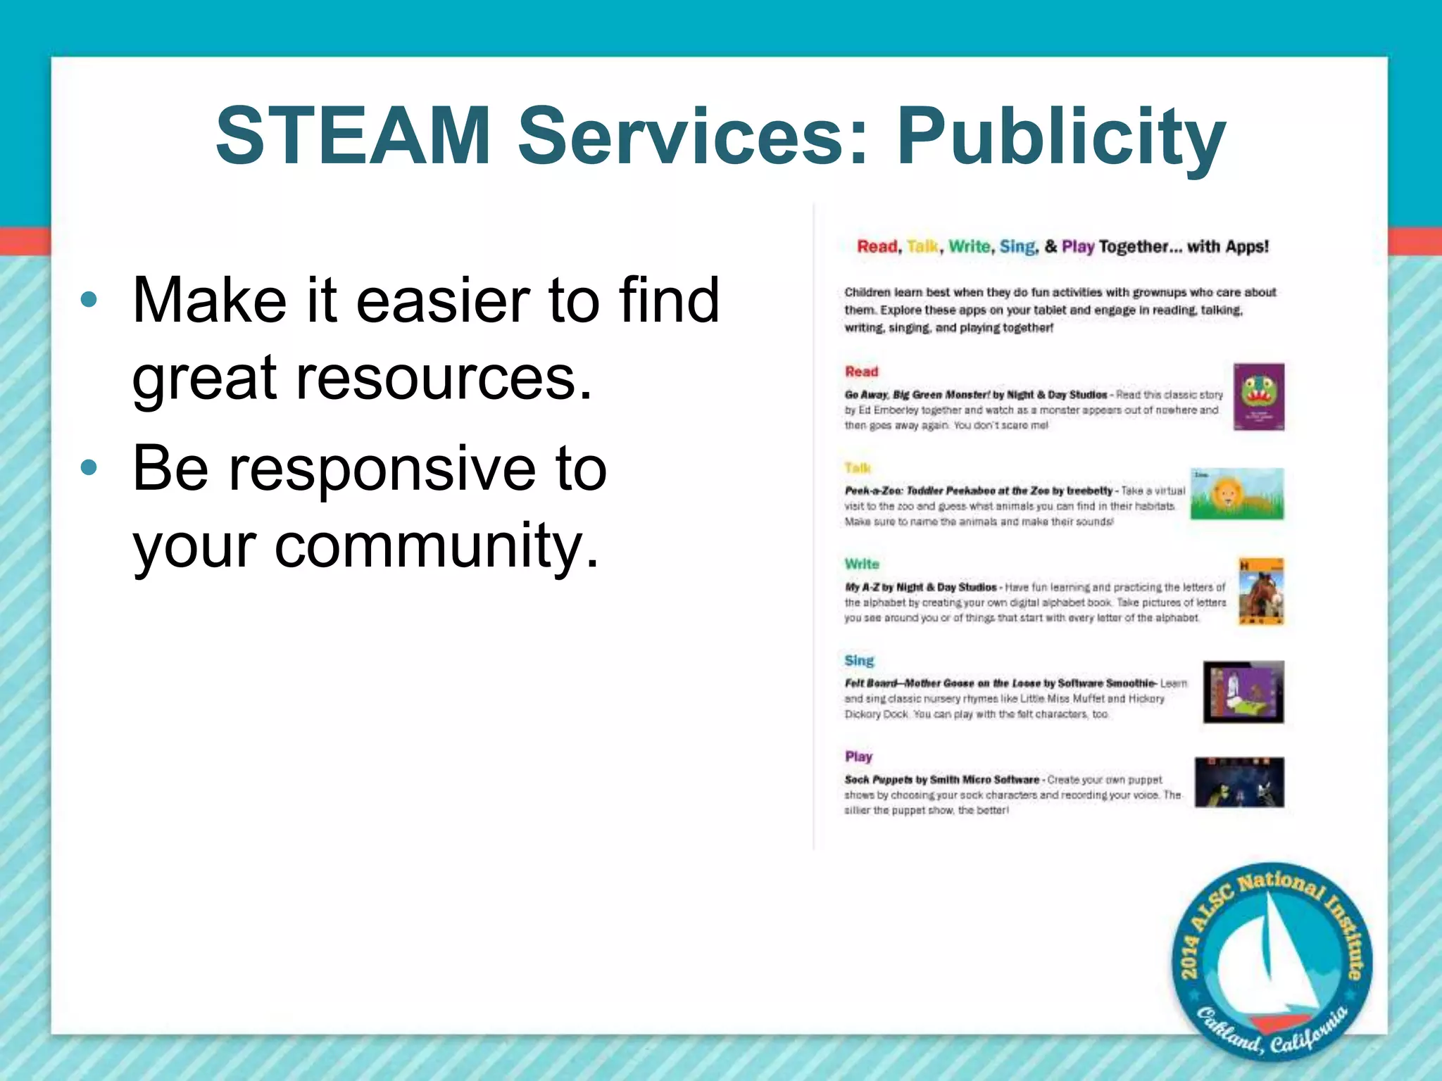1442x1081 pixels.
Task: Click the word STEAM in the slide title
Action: pos(352,135)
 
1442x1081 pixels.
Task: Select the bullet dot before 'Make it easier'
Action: pos(89,301)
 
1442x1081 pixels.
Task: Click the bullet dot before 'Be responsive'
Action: pos(89,468)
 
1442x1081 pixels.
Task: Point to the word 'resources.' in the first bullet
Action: pos(443,377)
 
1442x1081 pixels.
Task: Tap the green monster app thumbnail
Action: pos(1258,397)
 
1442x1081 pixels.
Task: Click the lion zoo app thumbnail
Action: pos(1236,494)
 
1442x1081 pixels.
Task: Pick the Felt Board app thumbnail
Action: pos(1243,692)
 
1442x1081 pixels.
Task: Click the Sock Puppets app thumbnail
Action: pos(1239,782)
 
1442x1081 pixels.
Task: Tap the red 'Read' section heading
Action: pos(861,372)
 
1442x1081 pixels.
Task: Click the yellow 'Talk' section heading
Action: pos(858,468)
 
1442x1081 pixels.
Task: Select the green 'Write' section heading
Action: pos(862,564)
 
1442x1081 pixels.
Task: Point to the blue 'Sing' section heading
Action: pos(859,660)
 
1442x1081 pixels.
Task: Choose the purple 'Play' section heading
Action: pos(858,757)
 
